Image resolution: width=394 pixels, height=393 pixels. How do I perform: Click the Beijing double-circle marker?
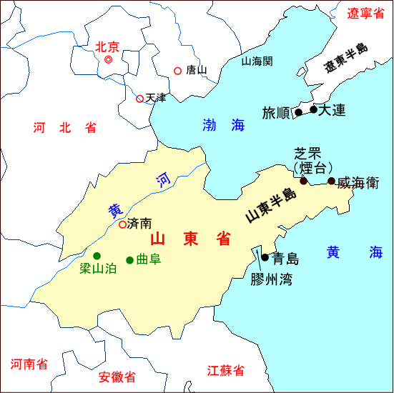(x=109, y=61)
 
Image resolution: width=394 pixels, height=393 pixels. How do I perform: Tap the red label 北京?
(x=107, y=47)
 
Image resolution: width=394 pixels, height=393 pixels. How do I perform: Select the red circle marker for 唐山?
(x=178, y=70)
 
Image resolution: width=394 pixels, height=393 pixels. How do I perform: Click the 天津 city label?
(x=155, y=98)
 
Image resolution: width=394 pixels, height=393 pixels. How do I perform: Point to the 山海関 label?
(x=257, y=61)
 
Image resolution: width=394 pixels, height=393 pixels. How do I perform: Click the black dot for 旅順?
(x=299, y=112)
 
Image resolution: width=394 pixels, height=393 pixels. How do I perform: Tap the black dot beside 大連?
(x=313, y=109)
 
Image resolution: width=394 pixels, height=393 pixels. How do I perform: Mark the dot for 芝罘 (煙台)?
(x=303, y=181)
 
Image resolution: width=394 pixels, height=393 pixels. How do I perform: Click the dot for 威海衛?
(x=331, y=181)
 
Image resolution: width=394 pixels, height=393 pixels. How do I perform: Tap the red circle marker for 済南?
(x=122, y=224)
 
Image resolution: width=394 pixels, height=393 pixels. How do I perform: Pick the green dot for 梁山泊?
(x=97, y=256)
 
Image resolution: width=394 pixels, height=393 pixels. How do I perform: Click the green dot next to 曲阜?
(x=129, y=260)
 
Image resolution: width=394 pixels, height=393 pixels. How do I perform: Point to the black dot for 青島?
(x=265, y=257)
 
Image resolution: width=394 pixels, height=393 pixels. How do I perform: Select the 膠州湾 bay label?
(x=271, y=279)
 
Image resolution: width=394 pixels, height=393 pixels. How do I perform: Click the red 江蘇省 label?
(x=225, y=371)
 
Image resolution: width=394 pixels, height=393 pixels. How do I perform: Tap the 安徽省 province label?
(x=117, y=377)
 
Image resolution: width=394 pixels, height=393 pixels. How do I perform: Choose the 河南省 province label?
(x=29, y=364)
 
